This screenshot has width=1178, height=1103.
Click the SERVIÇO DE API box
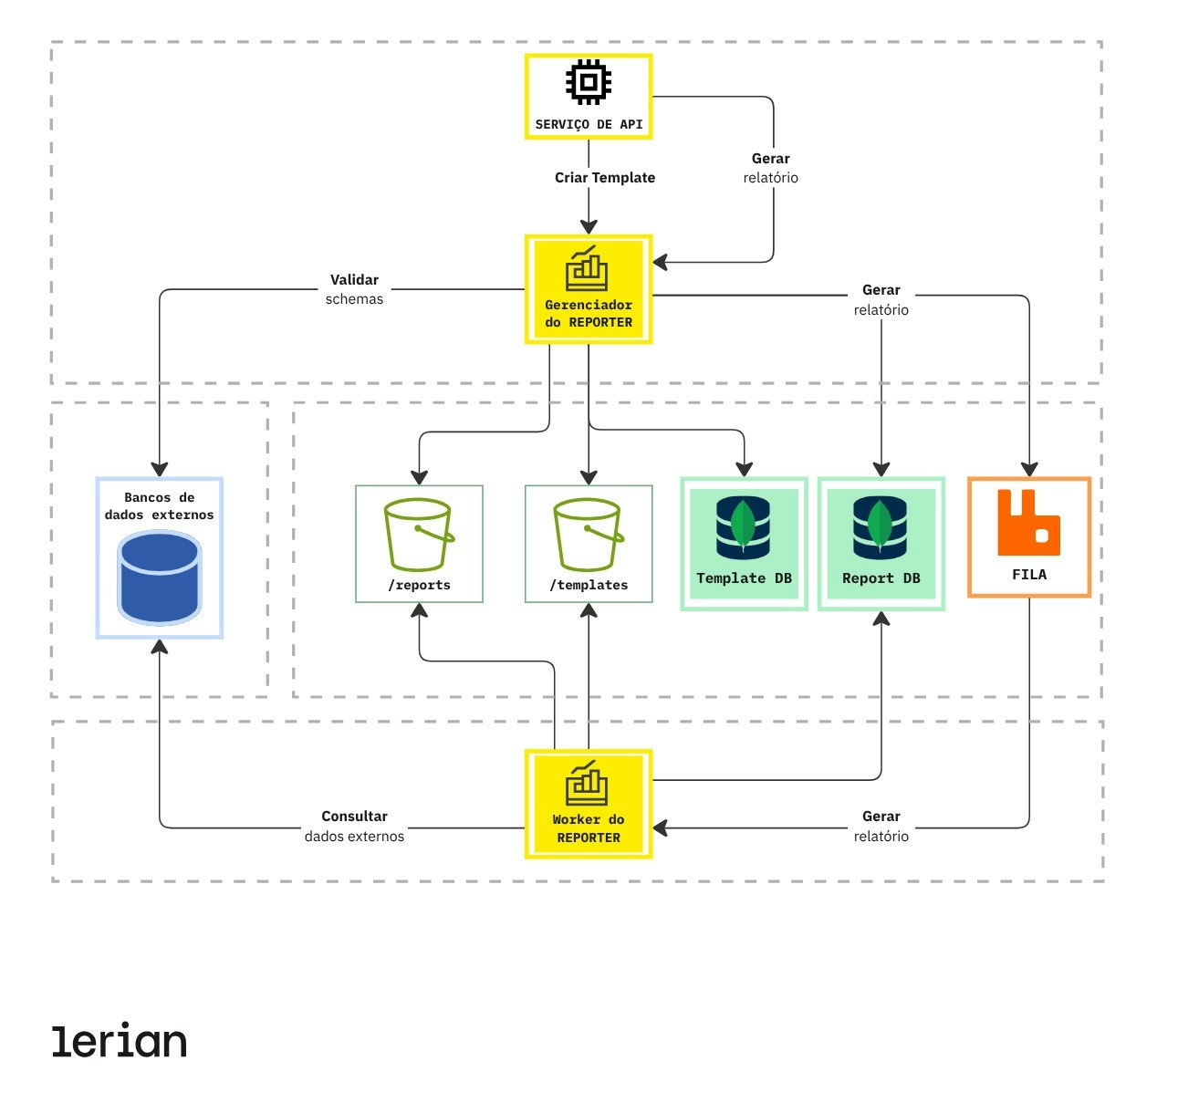tap(589, 97)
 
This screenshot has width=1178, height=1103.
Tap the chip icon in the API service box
tap(589, 82)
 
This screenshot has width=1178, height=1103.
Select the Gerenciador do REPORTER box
tap(589, 289)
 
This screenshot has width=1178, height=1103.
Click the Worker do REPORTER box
tap(589, 804)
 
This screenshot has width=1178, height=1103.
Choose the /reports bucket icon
tap(419, 535)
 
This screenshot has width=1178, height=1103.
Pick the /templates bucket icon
tap(589, 535)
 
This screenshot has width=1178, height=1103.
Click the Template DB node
tap(744, 543)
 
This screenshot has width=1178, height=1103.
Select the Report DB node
tap(881, 543)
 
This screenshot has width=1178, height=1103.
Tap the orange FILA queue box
tap(1029, 537)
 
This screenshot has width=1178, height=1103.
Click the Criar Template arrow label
tap(605, 178)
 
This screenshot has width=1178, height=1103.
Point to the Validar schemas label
tap(354, 289)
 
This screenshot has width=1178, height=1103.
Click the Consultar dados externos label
tap(354, 826)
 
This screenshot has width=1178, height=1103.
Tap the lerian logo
tap(120, 1041)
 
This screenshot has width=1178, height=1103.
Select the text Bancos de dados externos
tap(159, 506)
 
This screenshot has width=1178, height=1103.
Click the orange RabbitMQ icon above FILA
tap(1028, 523)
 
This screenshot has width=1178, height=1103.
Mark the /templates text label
tap(589, 585)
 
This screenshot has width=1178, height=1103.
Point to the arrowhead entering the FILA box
tap(1029, 470)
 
